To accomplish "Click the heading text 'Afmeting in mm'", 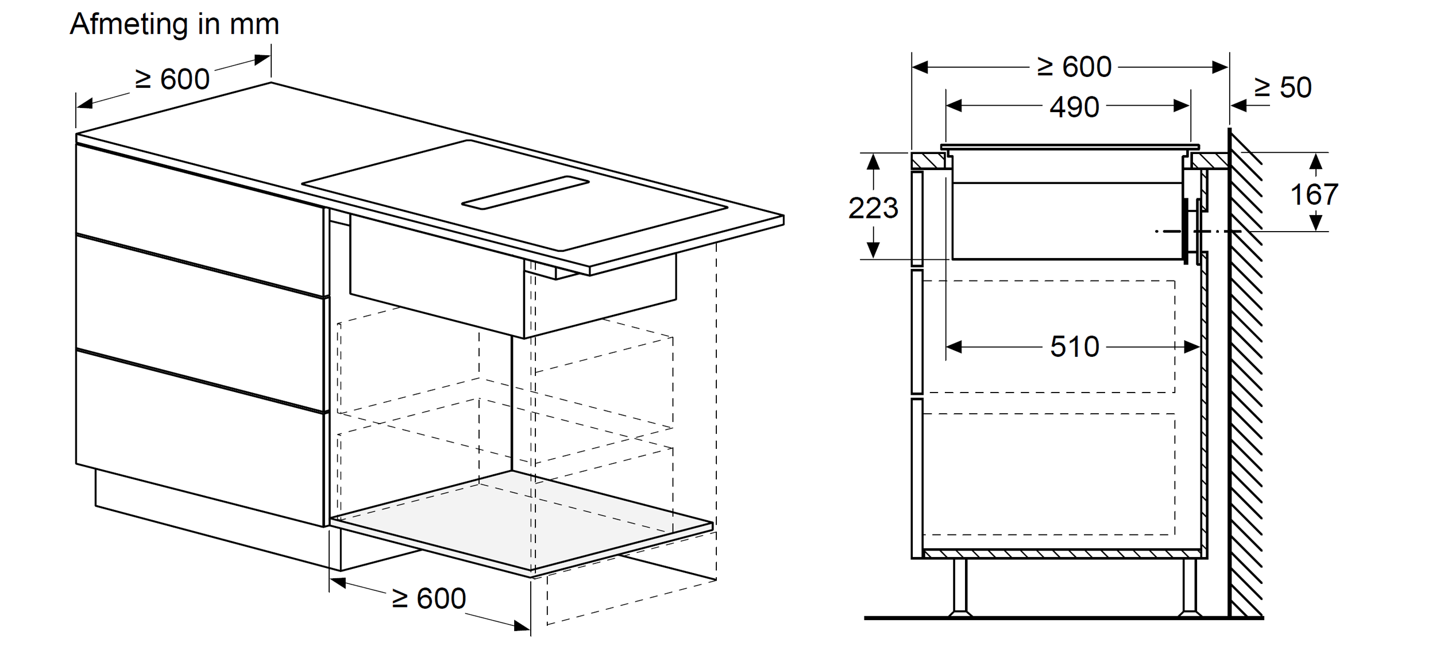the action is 175,24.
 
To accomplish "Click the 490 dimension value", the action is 1074,107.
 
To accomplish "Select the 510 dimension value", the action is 1074,347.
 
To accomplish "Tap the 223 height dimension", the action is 873,207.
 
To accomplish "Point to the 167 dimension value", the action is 1314,194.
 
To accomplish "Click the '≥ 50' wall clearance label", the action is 1283,87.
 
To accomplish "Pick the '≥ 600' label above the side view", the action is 1074,67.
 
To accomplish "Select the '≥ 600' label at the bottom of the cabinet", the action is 429,598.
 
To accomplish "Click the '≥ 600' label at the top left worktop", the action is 172,79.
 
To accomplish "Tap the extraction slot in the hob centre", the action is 525,193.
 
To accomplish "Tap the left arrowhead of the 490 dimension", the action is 954,106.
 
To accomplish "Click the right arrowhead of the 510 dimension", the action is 1192,347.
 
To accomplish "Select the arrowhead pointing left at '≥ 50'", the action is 1238,106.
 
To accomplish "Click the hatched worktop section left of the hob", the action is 928,161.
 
